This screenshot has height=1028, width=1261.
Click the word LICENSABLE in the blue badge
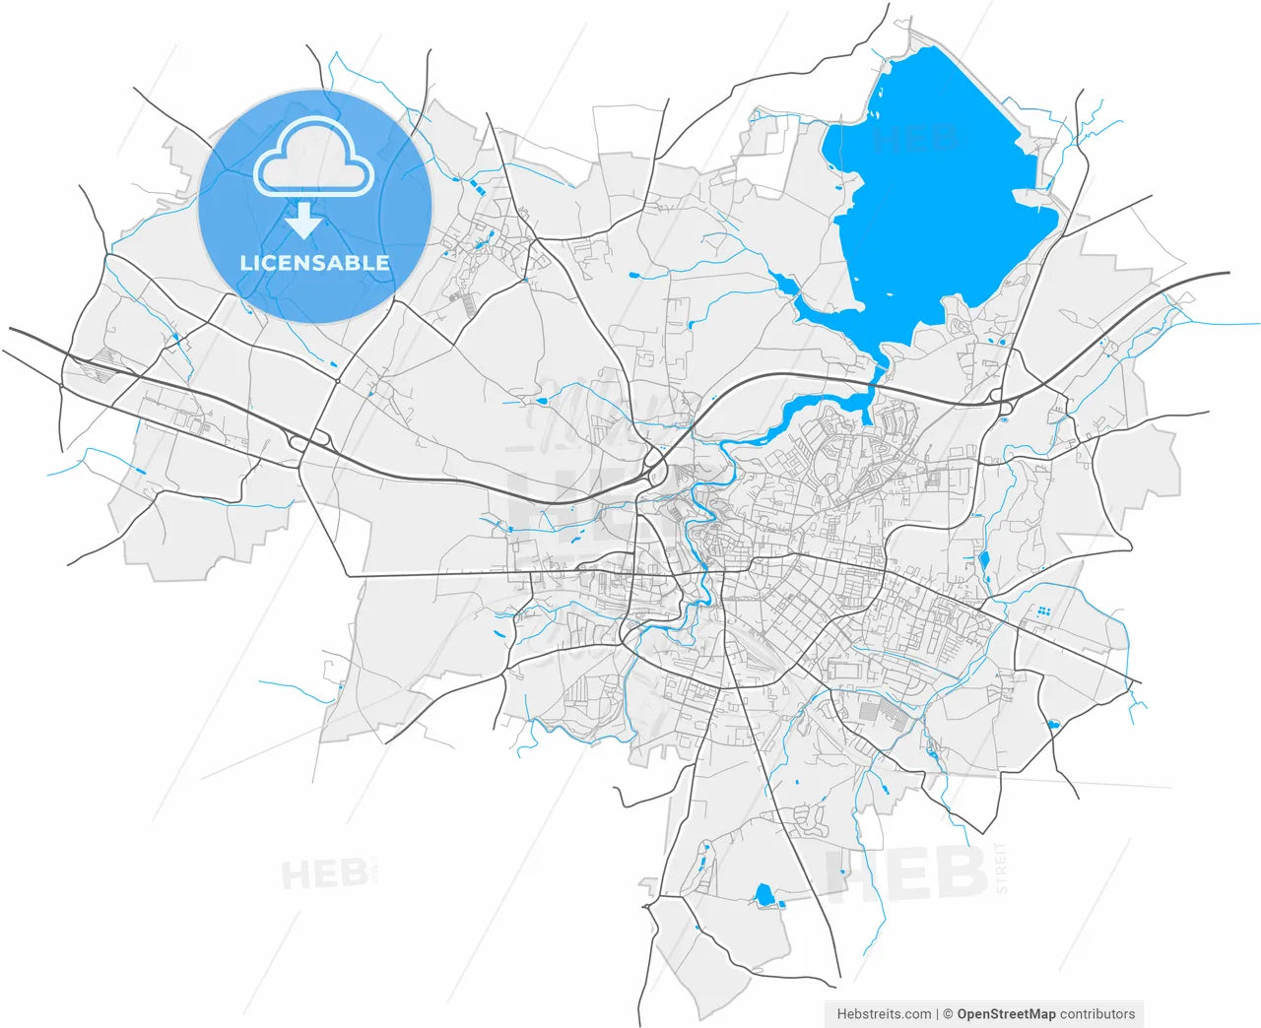pyautogui.click(x=314, y=263)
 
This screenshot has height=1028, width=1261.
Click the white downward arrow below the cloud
pyautogui.click(x=303, y=222)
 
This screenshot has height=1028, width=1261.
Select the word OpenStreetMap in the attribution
pyautogui.click(x=1006, y=1013)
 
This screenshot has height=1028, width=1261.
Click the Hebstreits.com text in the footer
pyautogui.click(x=884, y=1013)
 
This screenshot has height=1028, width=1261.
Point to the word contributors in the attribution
pyautogui.click(x=1097, y=1013)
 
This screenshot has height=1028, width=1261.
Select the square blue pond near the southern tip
pyautogui.click(x=763, y=894)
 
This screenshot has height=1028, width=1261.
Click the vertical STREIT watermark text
pyautogui.click(x=1002, y=867)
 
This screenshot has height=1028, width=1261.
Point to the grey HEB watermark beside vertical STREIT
pyautogui.click(x=906, y=874)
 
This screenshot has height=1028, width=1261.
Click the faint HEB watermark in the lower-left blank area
pyautogui.click(x=325, y=873)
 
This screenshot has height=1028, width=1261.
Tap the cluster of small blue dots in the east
pyautogui.click(x=1041, y=611)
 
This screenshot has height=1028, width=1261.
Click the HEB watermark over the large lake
pyautogui.click(x=915, y=139)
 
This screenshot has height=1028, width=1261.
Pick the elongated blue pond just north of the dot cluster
pyautogui.click(x=983, y=563)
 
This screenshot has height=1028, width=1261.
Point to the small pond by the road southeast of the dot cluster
pyautogui.click(x=1052, y=725)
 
